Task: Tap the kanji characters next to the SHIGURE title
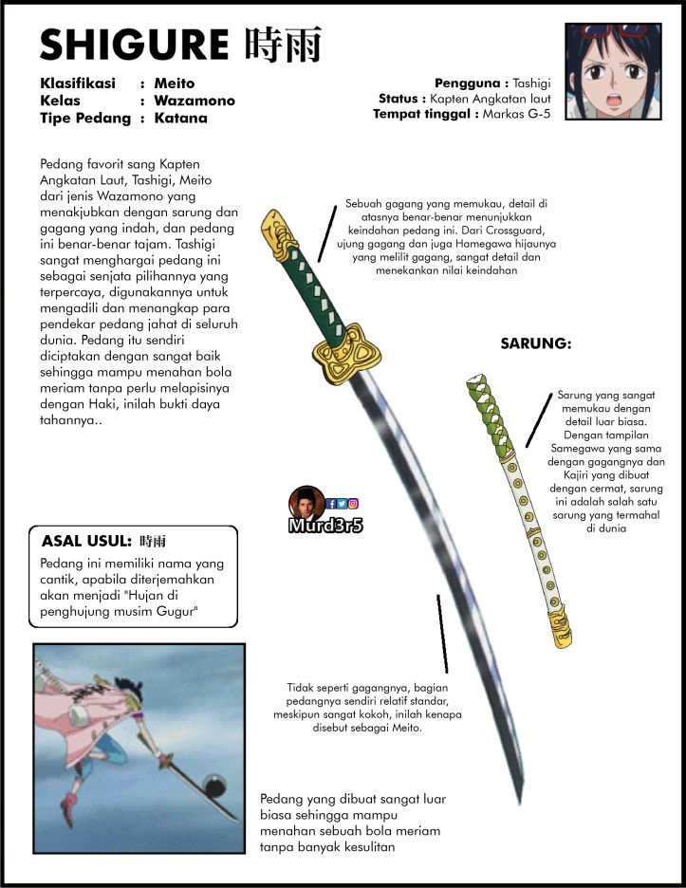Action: click(x=283, y=45)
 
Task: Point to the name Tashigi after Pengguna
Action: click(x=537, y=83)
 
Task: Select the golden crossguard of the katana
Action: click(x=338, y=350)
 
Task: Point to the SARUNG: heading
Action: click(x=535, y=343)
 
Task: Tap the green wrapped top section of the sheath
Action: click(x=490, y=417)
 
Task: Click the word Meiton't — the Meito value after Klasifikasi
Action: click(x=174, y=83)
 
